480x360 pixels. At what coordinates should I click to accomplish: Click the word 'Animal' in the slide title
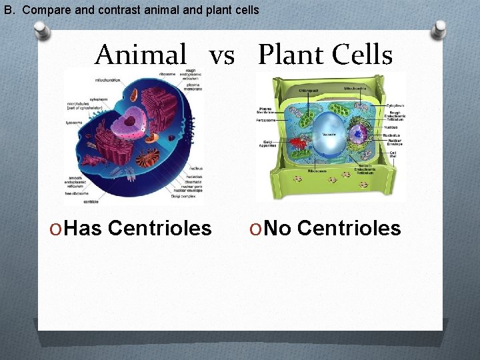[141, 54]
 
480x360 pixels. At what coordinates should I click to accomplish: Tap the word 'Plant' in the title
[289, 54]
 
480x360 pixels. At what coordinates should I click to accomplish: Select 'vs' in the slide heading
[222, 55]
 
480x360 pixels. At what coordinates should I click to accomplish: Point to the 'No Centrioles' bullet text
[326, 229]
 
